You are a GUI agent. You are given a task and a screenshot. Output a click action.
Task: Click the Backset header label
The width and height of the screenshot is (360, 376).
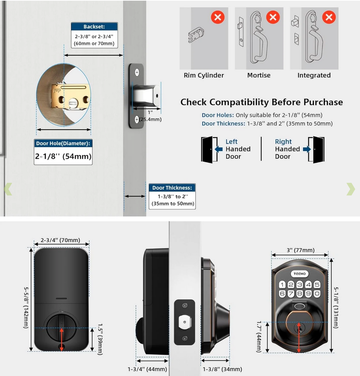click(x=94, y=27)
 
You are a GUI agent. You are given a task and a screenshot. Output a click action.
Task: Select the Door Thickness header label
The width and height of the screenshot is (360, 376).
click(x=172, y=188)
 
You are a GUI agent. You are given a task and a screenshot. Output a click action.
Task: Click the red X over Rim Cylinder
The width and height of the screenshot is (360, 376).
click(x=218, y=17)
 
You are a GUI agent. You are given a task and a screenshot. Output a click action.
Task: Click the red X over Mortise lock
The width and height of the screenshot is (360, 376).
click(x=273, y=17)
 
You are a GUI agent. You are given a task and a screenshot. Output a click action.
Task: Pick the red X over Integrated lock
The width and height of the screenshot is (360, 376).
click(x=328, y=17)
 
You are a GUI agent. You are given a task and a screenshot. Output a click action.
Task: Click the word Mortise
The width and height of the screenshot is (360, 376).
click(x=259, y=75)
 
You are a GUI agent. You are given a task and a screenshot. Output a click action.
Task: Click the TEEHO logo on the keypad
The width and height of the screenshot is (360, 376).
click(x=299, y=274)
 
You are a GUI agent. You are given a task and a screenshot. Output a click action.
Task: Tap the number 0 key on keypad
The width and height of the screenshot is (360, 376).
click(x=317, y=294)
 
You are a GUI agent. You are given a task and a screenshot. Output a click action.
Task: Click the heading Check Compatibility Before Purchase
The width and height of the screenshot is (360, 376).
click(x=261, y=102)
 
